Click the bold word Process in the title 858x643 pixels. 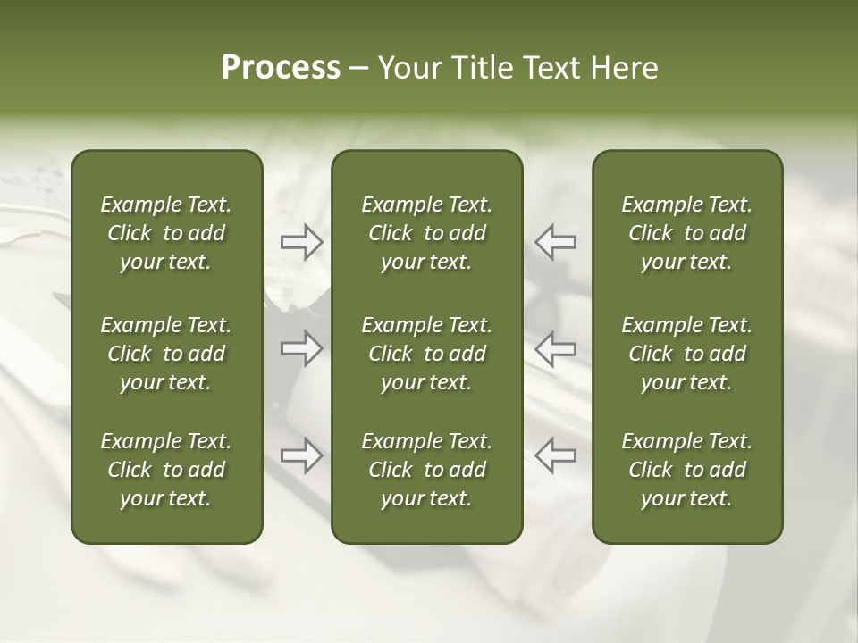(281, 68)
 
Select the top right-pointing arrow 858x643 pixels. (301, 241)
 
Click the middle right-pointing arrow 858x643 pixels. (301, 348)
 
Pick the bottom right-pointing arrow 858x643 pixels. (301, 455)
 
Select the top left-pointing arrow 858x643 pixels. (555, 241)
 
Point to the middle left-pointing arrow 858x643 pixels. (555, 348)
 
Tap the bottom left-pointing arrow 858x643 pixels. (555, 455)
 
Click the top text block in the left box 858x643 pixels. (166, 233)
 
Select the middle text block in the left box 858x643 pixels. (166, 354)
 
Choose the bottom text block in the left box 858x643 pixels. (166, 470)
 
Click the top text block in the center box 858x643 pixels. (427, 233)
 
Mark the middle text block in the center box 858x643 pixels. (427, 354)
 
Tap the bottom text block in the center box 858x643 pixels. (427, 470)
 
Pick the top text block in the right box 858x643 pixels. (687, 233)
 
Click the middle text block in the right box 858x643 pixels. (687, 354)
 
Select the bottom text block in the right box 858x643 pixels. (687, 470)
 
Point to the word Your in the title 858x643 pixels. (408, 68)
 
